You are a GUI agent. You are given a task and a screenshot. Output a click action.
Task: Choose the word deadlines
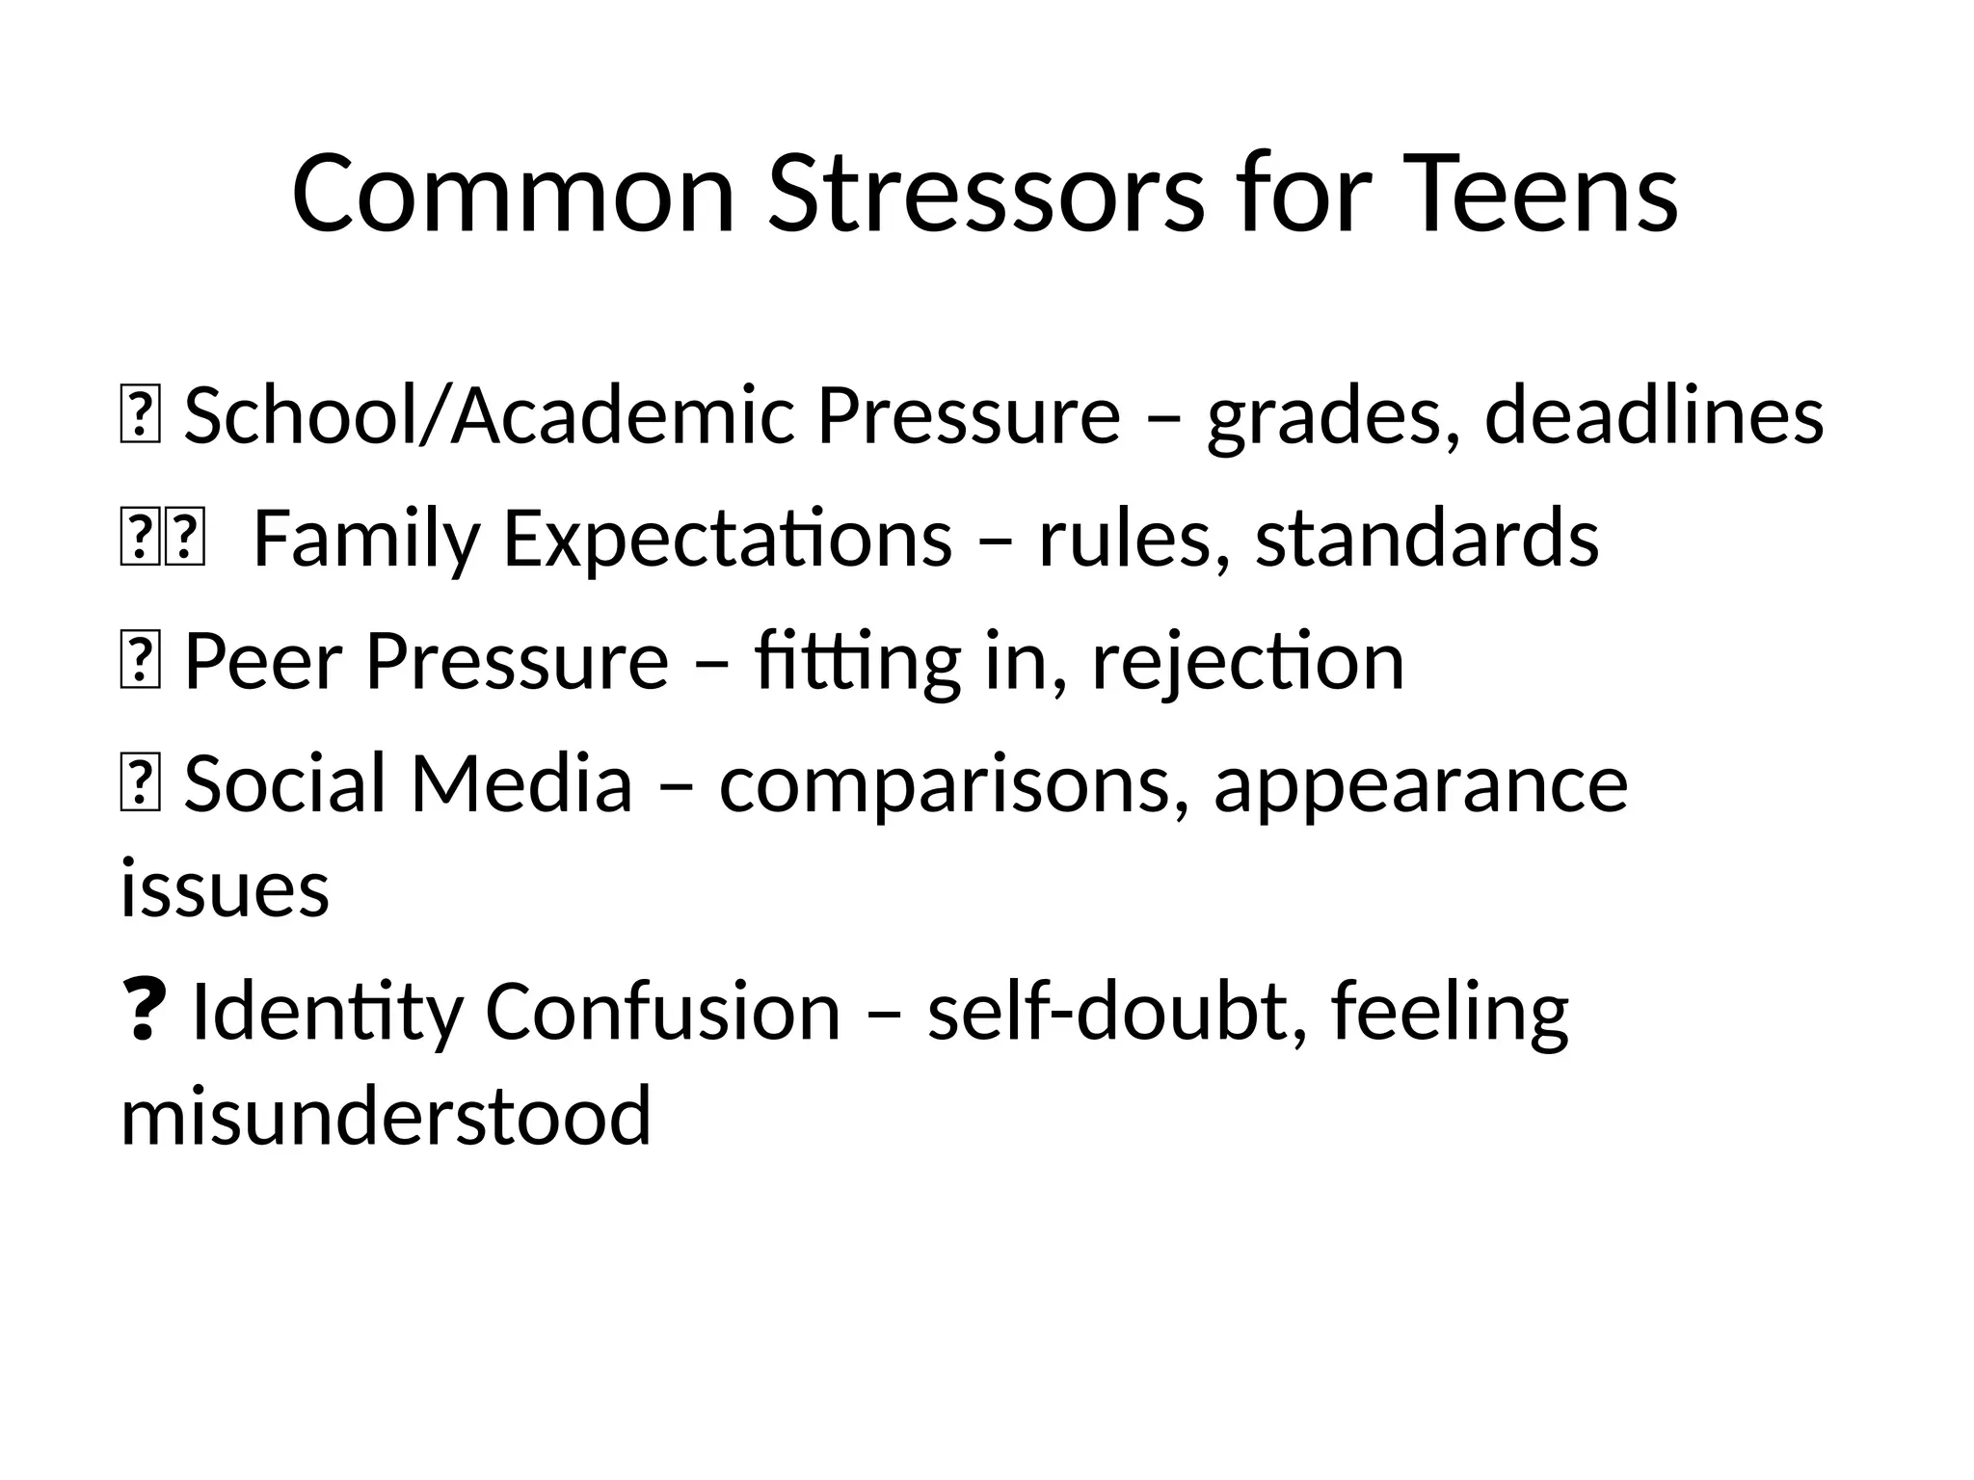pyautogui.click(x=1654, y=416)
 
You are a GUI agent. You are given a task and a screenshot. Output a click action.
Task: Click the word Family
pyautogui.click(x=366, y=540)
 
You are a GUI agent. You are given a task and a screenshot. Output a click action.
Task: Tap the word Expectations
pyautogui.click(x=728, y=540)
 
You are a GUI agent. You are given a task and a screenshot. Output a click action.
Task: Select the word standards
pyautogui.click(x=1427, y=540)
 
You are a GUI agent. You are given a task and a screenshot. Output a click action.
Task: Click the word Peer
pyautogui.click(x=263, y=663)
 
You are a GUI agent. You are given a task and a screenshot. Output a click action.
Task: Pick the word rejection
pyautogui.click(x=1247, y=663)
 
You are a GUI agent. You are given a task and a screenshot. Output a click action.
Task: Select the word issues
pyautogui.click(x=225, y=888)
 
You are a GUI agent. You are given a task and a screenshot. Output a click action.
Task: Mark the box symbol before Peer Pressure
pyautogui.click(x=140, y=663)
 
